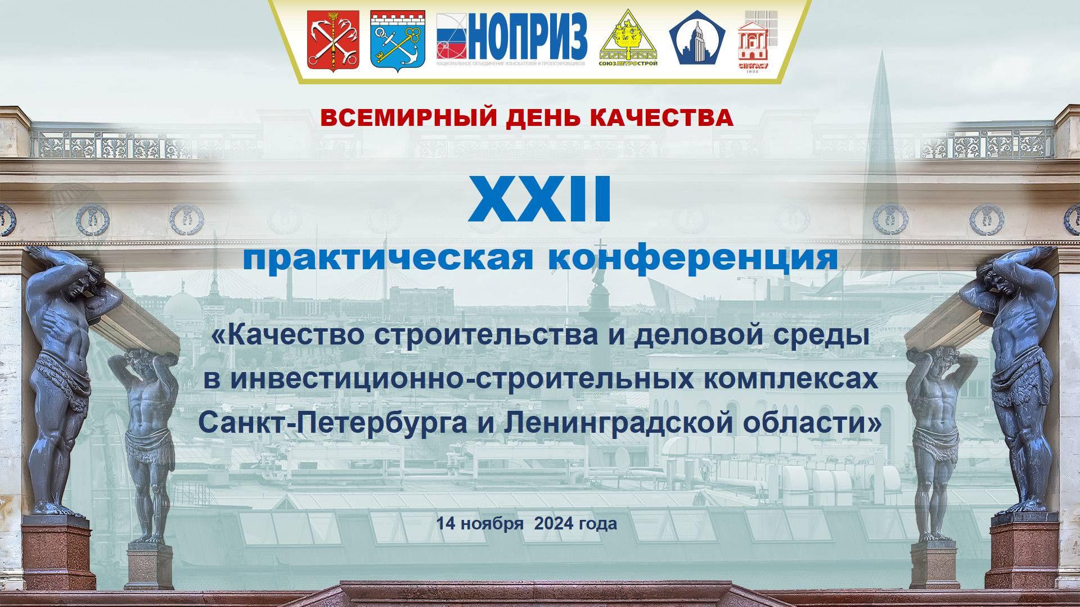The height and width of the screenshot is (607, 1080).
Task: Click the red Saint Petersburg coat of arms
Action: pyautogui.click(x=333, y=41)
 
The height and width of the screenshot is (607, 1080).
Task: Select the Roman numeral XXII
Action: pyautogui.click(x=540, y=200)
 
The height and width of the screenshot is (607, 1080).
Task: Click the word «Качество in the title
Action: pyautogui.click(x=287, y=336)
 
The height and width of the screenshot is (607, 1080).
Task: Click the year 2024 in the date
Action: pyautogui.click(x=553, y=524)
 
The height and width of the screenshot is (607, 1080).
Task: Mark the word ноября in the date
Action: pyautogui.click(x=494, y=524)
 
